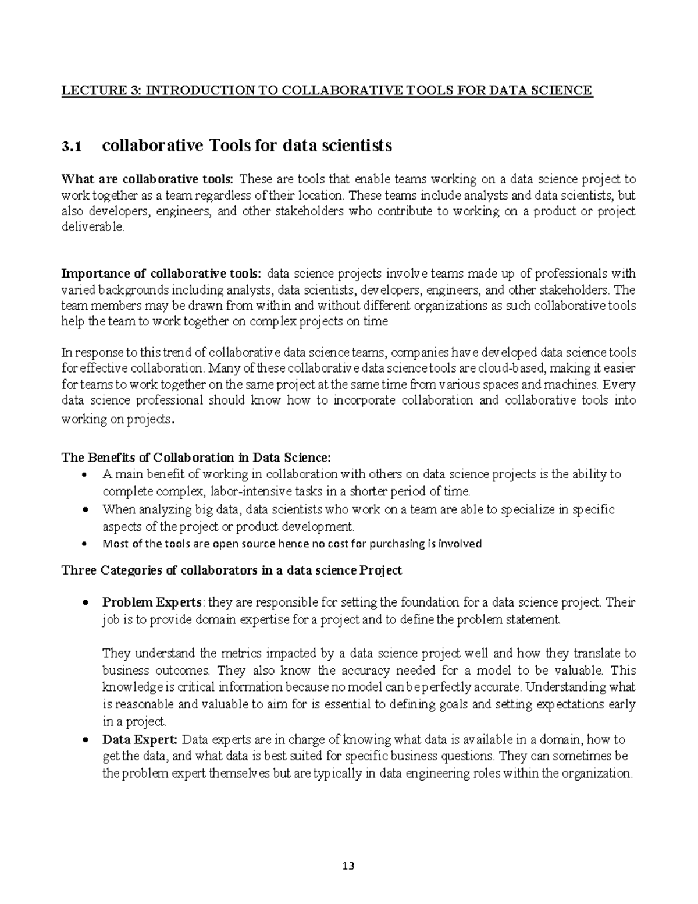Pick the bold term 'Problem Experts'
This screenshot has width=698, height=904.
pos(152,602)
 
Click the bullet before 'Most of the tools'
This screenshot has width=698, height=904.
pos(86,544)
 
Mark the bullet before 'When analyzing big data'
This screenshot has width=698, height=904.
pos(86,510)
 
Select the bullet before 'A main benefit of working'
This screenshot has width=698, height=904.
pos(86,474)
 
